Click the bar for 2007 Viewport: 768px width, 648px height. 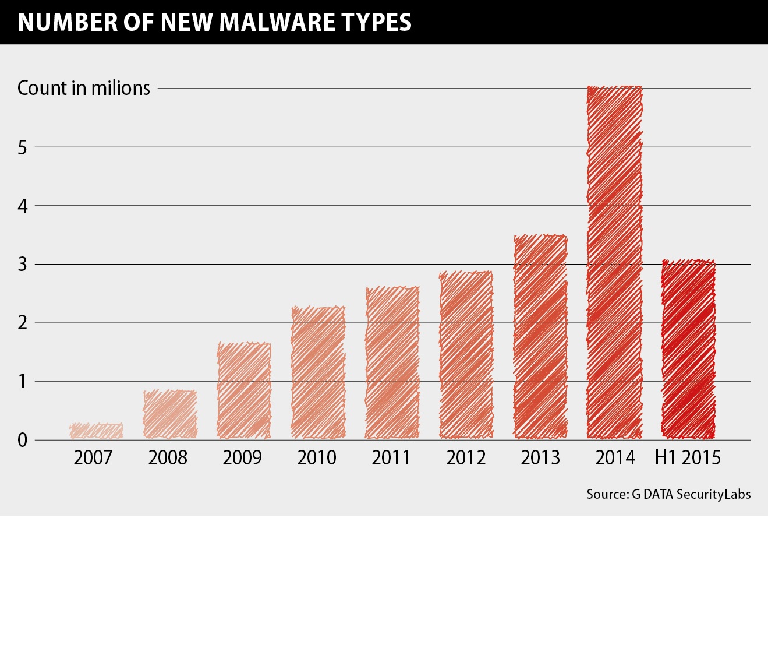tap(96, 431)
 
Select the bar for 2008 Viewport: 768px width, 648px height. tap(170, 414)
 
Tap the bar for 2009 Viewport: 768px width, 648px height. tap(244, 391)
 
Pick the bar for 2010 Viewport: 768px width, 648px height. tap(318, 373)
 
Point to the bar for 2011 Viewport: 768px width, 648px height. tap(392, 362)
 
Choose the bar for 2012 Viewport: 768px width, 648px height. tap(466, 355)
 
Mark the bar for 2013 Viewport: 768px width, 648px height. tap(540, 337)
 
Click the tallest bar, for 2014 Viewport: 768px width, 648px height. tap(614, 263)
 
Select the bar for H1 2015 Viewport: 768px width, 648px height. tap(688, 350)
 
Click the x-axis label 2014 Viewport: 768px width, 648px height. tap(614, 458)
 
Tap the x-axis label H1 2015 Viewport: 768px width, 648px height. tap(688, 458)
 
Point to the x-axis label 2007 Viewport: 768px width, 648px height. tap(93, 458)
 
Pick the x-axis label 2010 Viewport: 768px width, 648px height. tap(317, 458)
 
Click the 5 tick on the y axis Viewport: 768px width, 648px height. tap(23, 147)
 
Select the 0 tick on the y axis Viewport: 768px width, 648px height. tap(23, 441)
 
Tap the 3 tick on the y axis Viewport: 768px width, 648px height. tap(23, 265)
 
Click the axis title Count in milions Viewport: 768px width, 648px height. tap(84, 88)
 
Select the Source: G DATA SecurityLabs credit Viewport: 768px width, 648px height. tap(668, 494)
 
